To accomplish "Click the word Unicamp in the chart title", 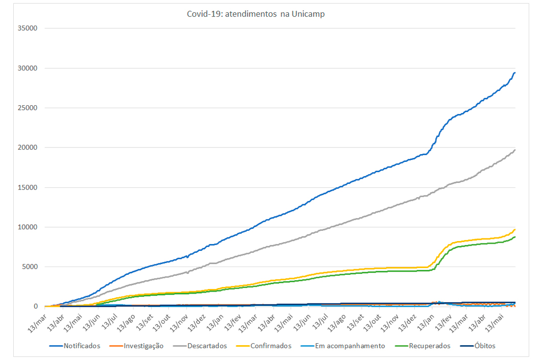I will point(308,14).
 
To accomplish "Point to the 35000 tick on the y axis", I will point(28,29).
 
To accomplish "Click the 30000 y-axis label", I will point(28,68).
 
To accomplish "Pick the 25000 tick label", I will point(28,108).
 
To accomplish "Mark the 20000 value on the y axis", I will point(28,148).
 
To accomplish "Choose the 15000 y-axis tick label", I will point(28,187).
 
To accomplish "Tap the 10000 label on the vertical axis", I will point(28,227).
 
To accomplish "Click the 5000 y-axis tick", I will point(30,267).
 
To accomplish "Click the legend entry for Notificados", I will point(82,346).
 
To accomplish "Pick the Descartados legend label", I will point(206,346).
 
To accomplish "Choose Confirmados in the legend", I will point(271,346).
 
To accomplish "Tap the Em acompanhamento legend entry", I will point(350,346).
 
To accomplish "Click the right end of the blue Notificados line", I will point(515,73).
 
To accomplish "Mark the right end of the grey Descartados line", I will point(515,150).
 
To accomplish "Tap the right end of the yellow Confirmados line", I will point(515,229).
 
